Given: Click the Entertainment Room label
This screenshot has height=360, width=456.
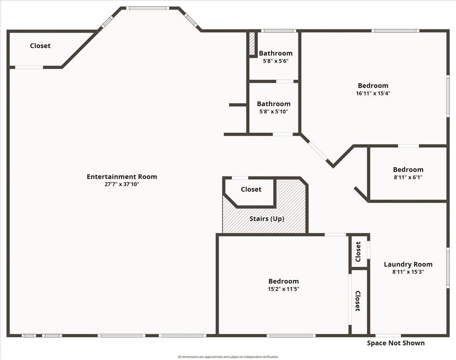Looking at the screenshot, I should (122, 177).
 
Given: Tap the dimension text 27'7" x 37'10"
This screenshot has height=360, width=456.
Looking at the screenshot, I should (122, 184).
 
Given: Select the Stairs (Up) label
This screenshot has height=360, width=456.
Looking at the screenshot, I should (267, 219).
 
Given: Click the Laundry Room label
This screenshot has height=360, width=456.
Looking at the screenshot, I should (408, 265).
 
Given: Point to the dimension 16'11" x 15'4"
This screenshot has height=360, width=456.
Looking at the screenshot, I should (373, 93).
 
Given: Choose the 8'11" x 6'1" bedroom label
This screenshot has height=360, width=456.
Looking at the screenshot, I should (408, 170).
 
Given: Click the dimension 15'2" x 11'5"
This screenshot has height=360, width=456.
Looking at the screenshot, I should (283, 289).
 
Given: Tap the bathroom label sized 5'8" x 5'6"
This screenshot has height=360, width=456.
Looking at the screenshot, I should (275, 53).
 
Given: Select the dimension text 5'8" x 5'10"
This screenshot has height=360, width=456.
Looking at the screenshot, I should (273, 111).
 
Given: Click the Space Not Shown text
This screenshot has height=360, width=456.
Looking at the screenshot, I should (396, 343).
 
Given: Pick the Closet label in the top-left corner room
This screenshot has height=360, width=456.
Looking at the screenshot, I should (40, 46).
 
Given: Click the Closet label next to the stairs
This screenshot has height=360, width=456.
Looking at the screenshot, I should (251, 189).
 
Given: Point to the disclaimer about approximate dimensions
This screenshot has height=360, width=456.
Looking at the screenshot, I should (228, 357).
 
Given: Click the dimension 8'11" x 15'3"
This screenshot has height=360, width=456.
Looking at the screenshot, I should (408, 272).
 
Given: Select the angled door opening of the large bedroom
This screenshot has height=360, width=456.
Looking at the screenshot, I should (318, 151).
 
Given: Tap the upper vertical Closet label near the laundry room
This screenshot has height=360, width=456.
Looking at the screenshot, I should (358, 252).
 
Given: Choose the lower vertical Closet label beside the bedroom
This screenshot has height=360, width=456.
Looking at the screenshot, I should (358, 301).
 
